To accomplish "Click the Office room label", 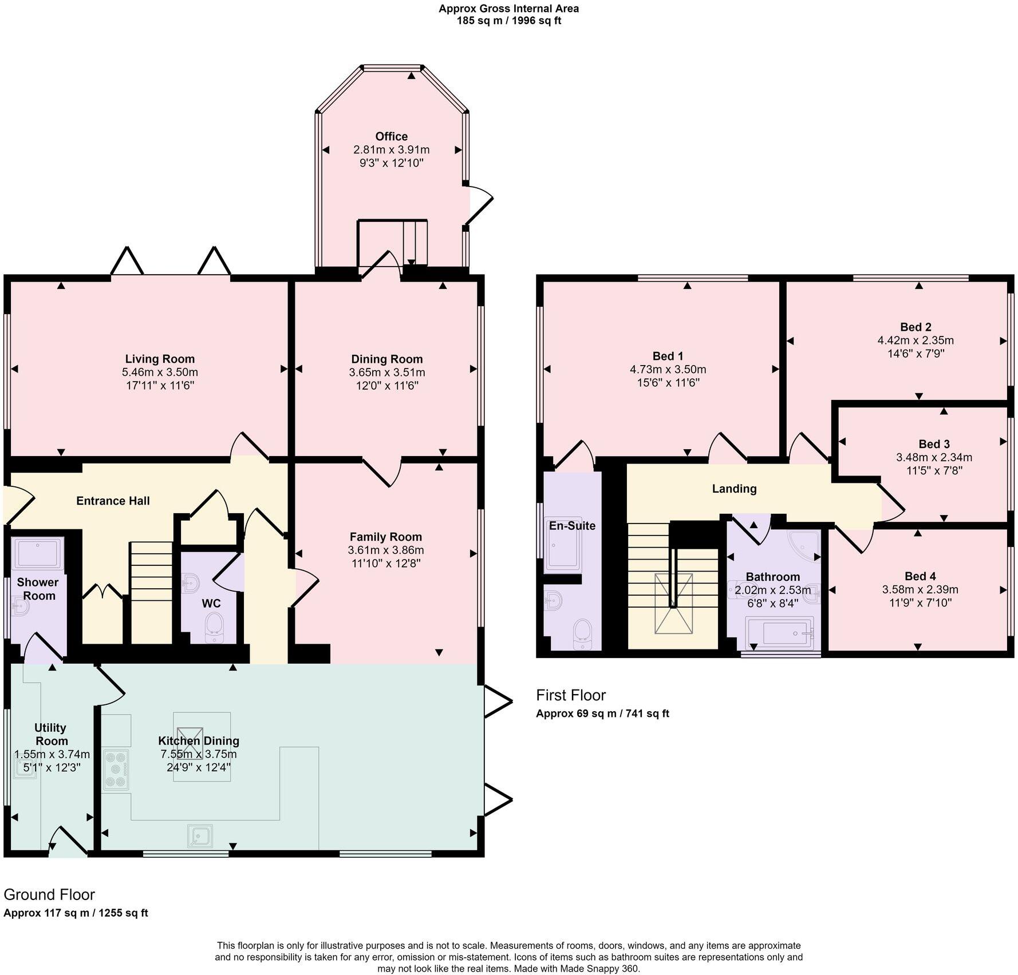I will point(391,136).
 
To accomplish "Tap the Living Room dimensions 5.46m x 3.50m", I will point(160,372).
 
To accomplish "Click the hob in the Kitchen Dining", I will point(116,769).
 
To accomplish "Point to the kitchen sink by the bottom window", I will point(200,836).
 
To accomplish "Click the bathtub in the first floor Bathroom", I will point(779,633).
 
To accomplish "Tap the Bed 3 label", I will point(934,444).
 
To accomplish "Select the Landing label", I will point(734,489).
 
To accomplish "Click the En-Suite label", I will point(572,526).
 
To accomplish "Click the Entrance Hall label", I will point(113,501).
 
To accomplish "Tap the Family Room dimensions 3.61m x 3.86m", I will point(385,550).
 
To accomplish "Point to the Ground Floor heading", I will point(49,894).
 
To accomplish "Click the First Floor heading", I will point(570,695).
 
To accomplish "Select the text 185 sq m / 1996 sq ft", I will point(508,21).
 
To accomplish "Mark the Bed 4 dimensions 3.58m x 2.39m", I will point(920,589).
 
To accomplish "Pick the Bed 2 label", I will point(916,327).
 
